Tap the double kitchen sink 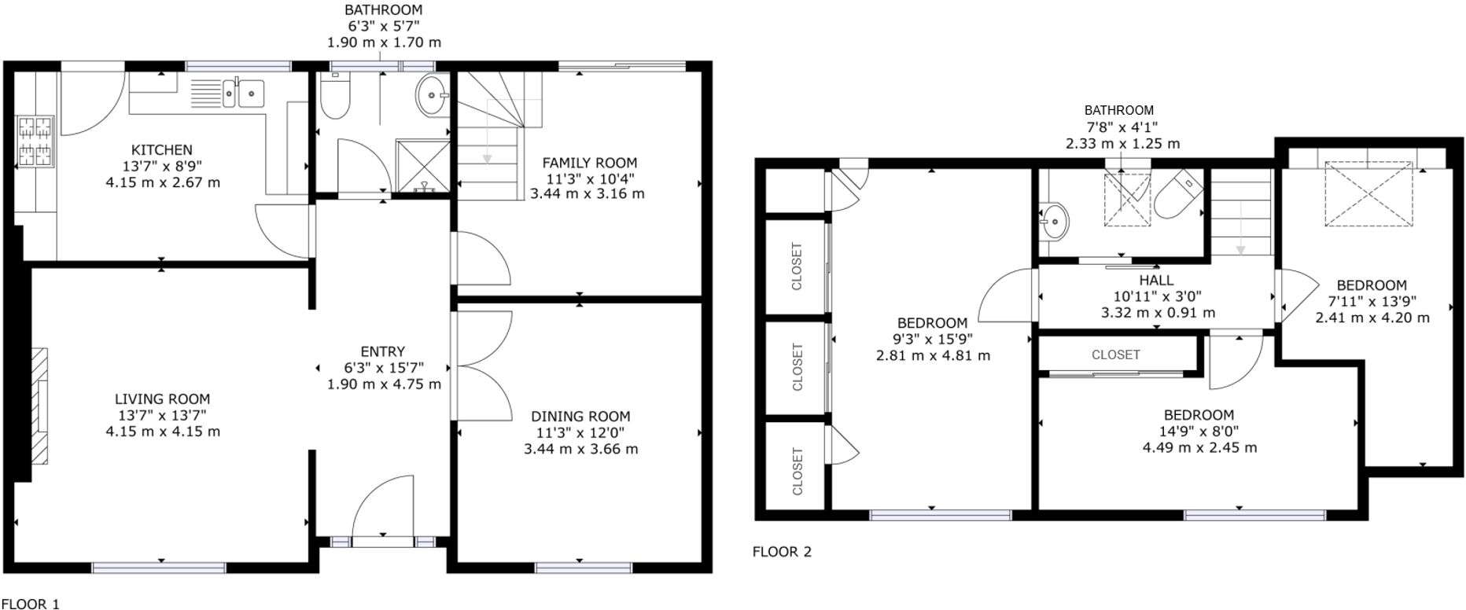[x=243, y=93]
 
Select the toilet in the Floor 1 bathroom [x=334, y=97]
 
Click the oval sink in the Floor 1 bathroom [x=431, y=96]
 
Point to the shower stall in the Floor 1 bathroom [x=422, y=166]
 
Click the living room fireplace [x=39, y=413]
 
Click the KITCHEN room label [x=161, y=149]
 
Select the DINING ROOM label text [x=580, y=417]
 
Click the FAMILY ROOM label [x=589, y=164]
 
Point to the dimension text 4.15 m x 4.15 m [x=163, y=432]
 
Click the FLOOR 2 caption [x=782, y=552]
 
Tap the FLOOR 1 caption [x=30, y=604]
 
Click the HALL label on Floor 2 [x=1156, y=281]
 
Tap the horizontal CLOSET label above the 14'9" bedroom [x=1115, y=355]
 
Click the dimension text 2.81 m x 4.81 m [x=933, y=355]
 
